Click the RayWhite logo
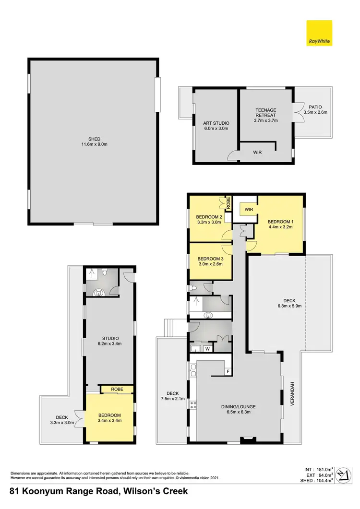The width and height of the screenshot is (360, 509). (319, 33)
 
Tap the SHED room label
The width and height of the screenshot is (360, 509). (94, 139)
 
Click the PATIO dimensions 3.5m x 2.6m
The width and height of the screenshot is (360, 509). (315, 112)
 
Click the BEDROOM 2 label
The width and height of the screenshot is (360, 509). (209, 217)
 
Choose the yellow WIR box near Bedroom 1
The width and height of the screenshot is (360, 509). (249, 210)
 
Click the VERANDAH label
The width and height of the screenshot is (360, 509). (291, 394)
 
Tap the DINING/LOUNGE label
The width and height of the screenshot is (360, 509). (238, 407)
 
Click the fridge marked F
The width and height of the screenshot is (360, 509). (228, 371)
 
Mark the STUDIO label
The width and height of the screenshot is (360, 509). (109, 338)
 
